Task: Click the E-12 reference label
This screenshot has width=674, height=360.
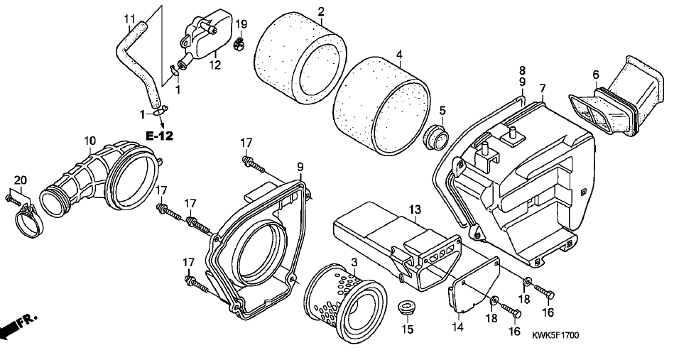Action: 160,136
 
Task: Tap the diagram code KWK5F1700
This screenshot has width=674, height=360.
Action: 555,334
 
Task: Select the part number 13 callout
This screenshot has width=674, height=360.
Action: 415,210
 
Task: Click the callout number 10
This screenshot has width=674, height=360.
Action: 89,141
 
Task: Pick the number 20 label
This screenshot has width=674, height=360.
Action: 21,180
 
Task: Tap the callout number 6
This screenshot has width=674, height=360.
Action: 595,75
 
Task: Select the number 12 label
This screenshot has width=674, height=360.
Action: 215,65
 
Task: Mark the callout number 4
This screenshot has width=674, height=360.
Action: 399,55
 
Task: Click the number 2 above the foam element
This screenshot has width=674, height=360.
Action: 321,11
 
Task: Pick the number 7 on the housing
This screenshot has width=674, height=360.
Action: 543,89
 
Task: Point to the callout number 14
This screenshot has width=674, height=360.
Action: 458,327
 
